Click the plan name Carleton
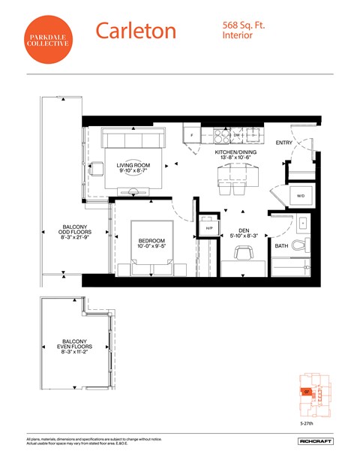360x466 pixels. [x=136, y=31]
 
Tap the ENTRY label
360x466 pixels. [x=284, y=143]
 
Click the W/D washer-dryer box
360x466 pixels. [x=301, y=196]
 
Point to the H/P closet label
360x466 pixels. [x=209, y=227]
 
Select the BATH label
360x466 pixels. [x=281, y=245]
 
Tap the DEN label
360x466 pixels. [x=244, y=230]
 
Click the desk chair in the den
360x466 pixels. [x=243, y=254]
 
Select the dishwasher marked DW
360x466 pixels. [x=235, y=136]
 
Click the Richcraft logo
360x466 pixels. [x=313, y=440]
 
